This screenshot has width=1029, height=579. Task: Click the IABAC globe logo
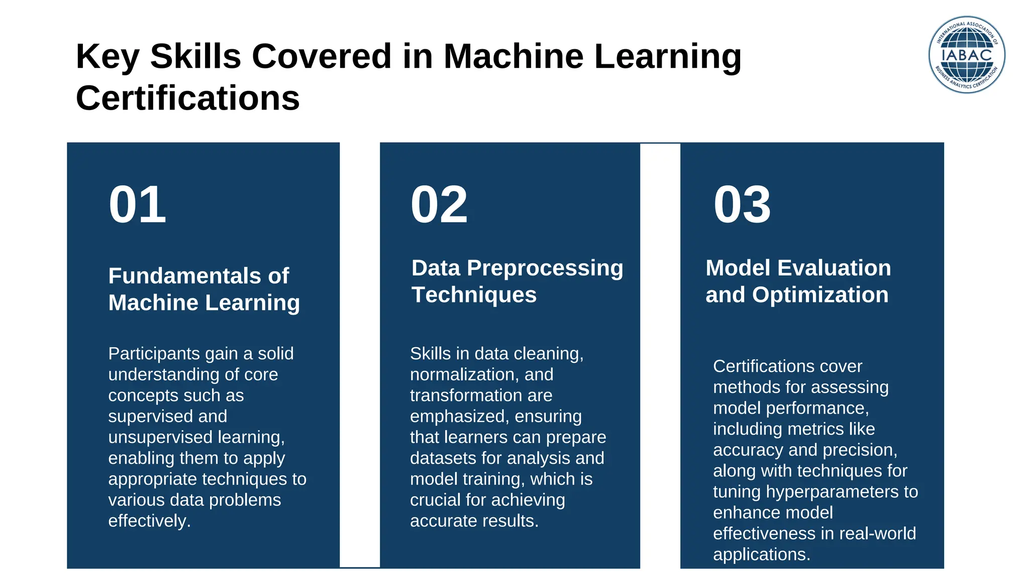point(966,54)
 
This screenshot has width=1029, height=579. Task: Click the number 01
point(137,205)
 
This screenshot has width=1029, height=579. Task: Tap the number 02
point(439,205)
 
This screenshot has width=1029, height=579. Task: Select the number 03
point(742,205)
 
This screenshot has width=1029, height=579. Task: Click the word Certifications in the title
point(187,98)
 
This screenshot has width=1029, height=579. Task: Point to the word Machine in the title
point(513,56)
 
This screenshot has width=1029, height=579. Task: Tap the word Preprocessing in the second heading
point(545,268)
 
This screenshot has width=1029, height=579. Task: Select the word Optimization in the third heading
point(820,295)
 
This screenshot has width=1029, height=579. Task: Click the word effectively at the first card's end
point(148,521)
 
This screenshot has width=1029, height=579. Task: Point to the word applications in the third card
point(761,554)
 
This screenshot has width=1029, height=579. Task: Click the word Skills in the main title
point(195,56)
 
